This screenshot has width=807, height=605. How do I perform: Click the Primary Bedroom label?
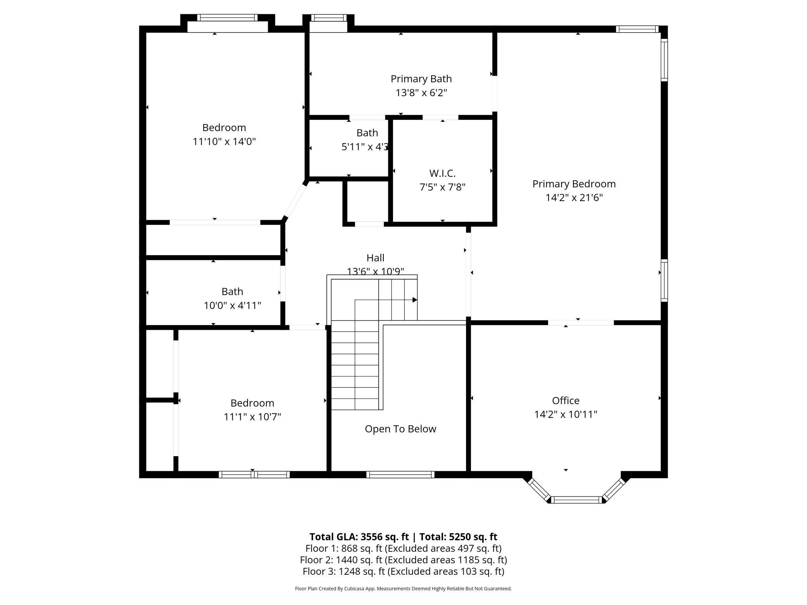click(574, 184)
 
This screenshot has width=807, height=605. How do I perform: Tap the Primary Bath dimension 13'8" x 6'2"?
click(421, 93)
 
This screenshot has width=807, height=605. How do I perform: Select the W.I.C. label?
click(442, 173)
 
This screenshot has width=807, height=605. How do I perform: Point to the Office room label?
click(566, 401)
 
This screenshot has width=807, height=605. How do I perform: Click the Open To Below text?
click(400, 429)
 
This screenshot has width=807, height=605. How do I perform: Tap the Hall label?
click(376, 258)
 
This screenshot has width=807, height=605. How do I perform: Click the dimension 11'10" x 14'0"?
click(224, 142)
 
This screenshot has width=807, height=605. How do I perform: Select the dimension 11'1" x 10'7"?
click(252, 417)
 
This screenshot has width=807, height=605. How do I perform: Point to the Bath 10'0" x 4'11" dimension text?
click(232, 306)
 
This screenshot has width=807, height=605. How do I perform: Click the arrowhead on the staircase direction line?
click(415, 300)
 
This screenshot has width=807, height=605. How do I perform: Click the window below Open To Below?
click(400, 474)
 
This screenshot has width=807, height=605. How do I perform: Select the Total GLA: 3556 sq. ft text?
click(359, 537)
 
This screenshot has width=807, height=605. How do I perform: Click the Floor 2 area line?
click(403, 560)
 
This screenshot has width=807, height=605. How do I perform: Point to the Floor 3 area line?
click(403, 571)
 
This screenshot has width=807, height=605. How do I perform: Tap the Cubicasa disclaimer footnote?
click(403, 589)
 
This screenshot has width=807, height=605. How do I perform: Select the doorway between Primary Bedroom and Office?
click(581, 323)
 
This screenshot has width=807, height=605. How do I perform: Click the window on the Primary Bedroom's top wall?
click(637, 29)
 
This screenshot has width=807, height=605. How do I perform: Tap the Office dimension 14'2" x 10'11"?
click(566, 415)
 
